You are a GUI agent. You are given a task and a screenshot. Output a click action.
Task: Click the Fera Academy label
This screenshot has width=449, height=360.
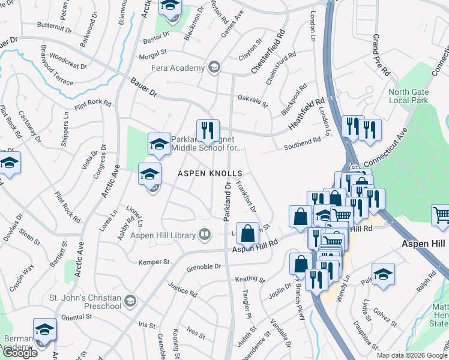pyautogui.click(x=178, y=68)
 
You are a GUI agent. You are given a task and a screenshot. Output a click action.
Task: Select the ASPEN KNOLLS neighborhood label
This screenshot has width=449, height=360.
pyautogui.click(x=209, y=173)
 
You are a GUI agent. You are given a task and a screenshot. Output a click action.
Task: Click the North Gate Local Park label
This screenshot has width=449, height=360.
pyautogui.click(x=408, y=96)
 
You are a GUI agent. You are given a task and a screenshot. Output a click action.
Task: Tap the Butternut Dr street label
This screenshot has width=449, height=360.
pyautogui.click(x=55, y=25)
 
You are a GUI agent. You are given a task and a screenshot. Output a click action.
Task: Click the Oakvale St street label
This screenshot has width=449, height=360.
pyautogui.click(x=252, y=100)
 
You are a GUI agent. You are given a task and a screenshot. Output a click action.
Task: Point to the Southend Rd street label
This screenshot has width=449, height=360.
pyautogui.click(x=303, y=142)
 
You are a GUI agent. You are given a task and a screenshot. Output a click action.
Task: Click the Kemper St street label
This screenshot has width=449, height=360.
pyautogui.click(x=154, y=262)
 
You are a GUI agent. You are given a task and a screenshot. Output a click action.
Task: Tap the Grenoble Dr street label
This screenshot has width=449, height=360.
pyautogui.click(x=204, y=267)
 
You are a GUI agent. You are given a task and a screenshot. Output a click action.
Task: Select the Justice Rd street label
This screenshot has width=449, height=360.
pyautogui.click(x=182, y=290)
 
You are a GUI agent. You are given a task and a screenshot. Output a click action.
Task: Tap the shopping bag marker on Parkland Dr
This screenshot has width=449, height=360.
pyautogui.click(x=247, y=233)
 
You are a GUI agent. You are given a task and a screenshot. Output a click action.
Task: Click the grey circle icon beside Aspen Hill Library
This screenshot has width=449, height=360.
pyautogui.click(x=205, y=233)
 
